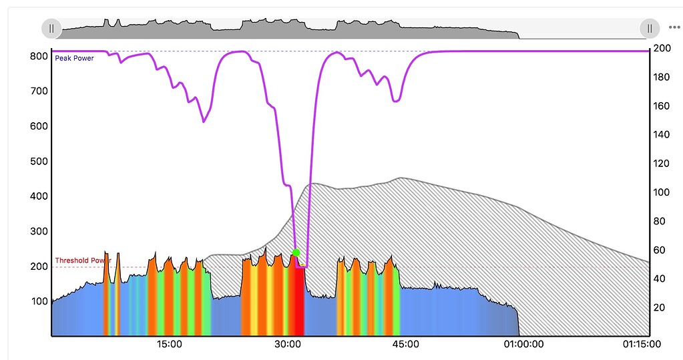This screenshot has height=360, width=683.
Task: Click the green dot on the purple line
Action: click(x=296, y=252)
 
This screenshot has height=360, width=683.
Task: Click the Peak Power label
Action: click(x=74, y=59)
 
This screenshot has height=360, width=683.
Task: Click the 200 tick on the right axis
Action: click(x=662, y=48)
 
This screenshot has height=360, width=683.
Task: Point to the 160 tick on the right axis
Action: click(x=662, y=106)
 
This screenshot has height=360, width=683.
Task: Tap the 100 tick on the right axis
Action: click(x=662, y=192)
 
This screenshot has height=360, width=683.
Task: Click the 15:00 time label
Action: click(x=170, y=345)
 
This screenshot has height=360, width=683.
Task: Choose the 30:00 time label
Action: click(x=287, y=345)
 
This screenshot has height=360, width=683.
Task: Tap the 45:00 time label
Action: click(x=405, y=345)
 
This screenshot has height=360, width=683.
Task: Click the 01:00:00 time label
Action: click(x=523, y=345)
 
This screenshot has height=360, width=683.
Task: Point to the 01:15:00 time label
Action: click(x=642, y=345)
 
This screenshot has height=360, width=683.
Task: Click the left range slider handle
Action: click(x=51, y=28)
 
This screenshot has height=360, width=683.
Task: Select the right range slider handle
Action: click(x=649, y=28)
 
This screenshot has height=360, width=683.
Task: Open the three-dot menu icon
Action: click(x=674, y=28)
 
